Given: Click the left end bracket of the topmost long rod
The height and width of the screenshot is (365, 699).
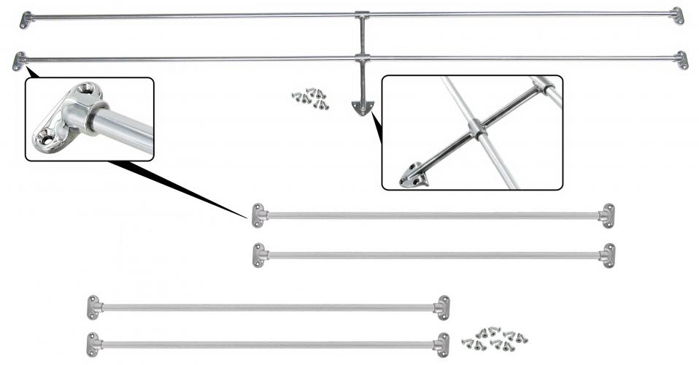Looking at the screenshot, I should click(x=25, y=19).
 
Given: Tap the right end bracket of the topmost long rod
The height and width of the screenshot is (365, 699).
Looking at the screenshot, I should click(x=677, y=15).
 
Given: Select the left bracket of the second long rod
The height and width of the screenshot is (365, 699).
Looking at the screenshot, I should click(x=19, y=61).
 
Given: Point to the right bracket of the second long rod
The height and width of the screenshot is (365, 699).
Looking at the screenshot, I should click(x=681, y=60).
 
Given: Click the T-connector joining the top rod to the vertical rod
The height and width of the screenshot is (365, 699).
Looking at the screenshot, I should click(x=362, y=15).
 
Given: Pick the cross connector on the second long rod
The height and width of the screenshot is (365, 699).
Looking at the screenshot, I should click(x=362, y=57).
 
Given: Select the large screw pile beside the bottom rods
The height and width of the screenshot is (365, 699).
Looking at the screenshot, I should click(x=493, y=338).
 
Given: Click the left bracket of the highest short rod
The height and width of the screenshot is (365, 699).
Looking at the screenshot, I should click(x=258, y=215).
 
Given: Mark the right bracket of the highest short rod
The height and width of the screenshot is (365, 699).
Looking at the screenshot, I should click(x=607, y=215).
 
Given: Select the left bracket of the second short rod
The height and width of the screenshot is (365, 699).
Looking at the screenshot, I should click(x=258, y=255).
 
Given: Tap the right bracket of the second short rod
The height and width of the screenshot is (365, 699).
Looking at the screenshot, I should click(x=607, y=255).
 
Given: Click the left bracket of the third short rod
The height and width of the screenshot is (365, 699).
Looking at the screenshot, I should click(x=93, y=307).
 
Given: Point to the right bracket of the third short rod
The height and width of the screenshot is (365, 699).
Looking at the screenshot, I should click(x=442, y=307).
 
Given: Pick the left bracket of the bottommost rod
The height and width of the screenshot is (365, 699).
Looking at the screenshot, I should click(x=93, y=344).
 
